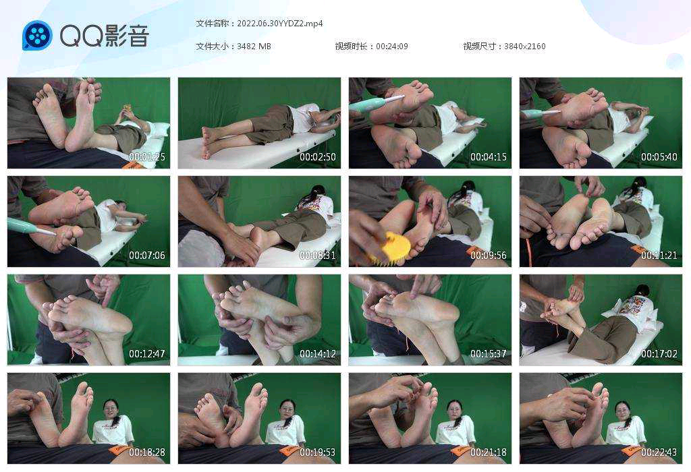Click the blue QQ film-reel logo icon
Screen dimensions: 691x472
pos(38,35)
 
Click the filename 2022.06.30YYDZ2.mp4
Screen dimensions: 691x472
pos(280,24)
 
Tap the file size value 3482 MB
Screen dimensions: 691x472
pos(254,47)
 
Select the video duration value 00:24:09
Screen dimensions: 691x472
pos(392,47)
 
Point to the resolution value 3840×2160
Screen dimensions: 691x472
pos(524,47)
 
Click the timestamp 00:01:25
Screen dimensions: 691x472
pos(146,156)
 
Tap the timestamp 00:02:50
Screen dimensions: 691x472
pos(318,156)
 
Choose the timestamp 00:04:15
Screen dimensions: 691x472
pos(489,156)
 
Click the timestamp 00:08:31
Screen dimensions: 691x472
pos(318,256)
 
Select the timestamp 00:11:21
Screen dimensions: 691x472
pos(659,256)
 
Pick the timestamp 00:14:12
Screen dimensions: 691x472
pos(318,354)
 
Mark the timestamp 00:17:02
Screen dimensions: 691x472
pos(659,354)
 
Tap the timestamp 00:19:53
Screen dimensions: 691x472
pos(318,452)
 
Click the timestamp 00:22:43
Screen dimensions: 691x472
pos(659,452)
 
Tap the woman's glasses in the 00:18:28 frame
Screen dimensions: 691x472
pos(111,409)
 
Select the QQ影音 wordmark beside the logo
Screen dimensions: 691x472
pos(105,35)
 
